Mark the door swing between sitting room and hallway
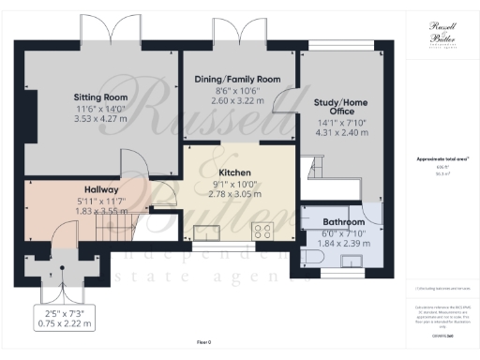[x=138, y=169]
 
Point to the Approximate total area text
[x=441, y=158]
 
